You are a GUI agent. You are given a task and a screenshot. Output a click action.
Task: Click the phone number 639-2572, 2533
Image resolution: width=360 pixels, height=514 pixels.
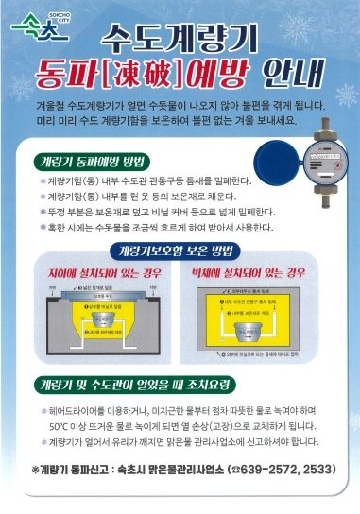[280, 470]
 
